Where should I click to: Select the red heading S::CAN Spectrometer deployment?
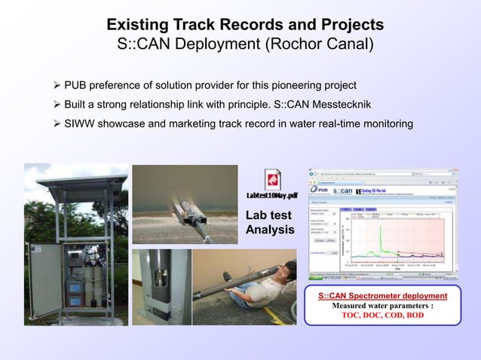pyautogui.click(x=382, y=295)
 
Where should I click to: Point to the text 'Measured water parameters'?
pyautogui.click(x=382, y=306)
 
